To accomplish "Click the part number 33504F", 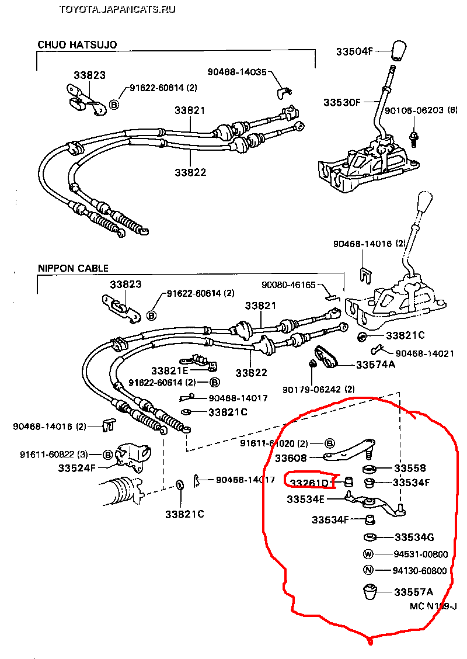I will [x=354, y=51].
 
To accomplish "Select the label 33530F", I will [x=342, y=102].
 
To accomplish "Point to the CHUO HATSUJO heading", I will [x=78, y=44].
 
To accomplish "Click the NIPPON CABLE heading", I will [x=74, y=269].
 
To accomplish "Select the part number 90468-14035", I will [x=237, y=72].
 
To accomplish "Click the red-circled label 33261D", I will [x=309, y=483].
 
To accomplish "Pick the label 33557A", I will [x=413, y=592].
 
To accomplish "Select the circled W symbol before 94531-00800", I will [x=368, y=554].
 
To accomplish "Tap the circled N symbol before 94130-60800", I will [x=368, y=571].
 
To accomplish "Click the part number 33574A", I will [x=376, y=365].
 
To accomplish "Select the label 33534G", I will [x=414, y=537].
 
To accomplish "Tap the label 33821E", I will [x=170, y=370].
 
